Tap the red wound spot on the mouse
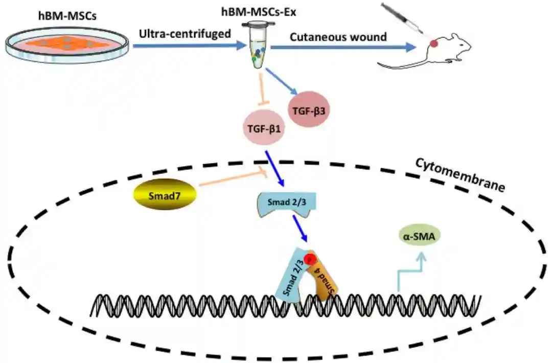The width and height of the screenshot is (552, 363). point(433,44)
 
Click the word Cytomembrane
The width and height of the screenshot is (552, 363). point(459,174)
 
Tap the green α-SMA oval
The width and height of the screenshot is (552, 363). point(419,236)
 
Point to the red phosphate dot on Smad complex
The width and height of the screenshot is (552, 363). point(309,259)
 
